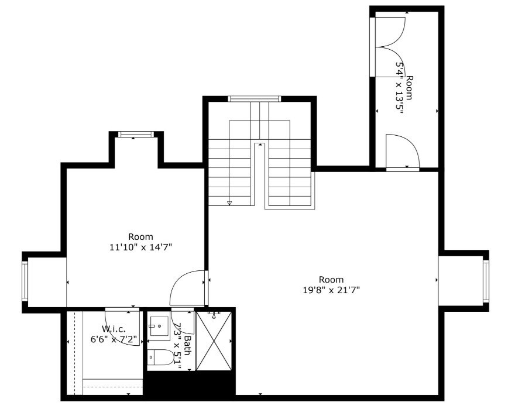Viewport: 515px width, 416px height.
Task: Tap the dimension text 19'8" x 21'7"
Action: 331,290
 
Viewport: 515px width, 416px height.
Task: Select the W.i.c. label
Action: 114,329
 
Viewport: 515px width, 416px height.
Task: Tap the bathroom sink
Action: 159,326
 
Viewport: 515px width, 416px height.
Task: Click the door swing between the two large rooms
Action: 188,288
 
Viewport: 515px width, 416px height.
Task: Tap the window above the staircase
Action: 254,99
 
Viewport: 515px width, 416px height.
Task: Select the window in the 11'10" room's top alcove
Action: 136,135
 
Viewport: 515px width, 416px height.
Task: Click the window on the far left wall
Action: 25,281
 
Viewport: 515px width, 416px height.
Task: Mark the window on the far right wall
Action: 486,281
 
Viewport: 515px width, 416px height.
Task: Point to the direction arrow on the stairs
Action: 229,203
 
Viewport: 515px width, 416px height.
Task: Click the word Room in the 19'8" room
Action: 331,279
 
